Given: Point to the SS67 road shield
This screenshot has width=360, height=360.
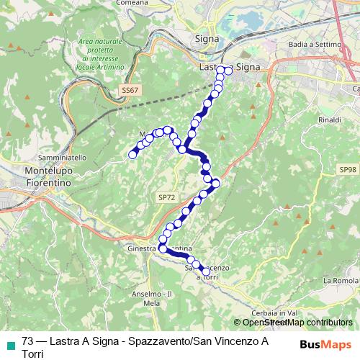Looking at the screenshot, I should (x=129, y=89).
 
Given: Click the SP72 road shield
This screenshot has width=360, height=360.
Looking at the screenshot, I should (x=166, y=196).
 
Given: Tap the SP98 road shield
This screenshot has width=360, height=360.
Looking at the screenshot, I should (x=348, y=169).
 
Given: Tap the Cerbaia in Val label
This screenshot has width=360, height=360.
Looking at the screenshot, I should (x=274, y=312).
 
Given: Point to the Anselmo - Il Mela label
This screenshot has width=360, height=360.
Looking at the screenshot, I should (x=154, y=299).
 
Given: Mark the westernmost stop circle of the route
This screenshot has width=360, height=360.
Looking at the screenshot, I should (x=132, y=154).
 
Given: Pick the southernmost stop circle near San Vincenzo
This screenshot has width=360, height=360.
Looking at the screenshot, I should (x=206, y=271).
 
